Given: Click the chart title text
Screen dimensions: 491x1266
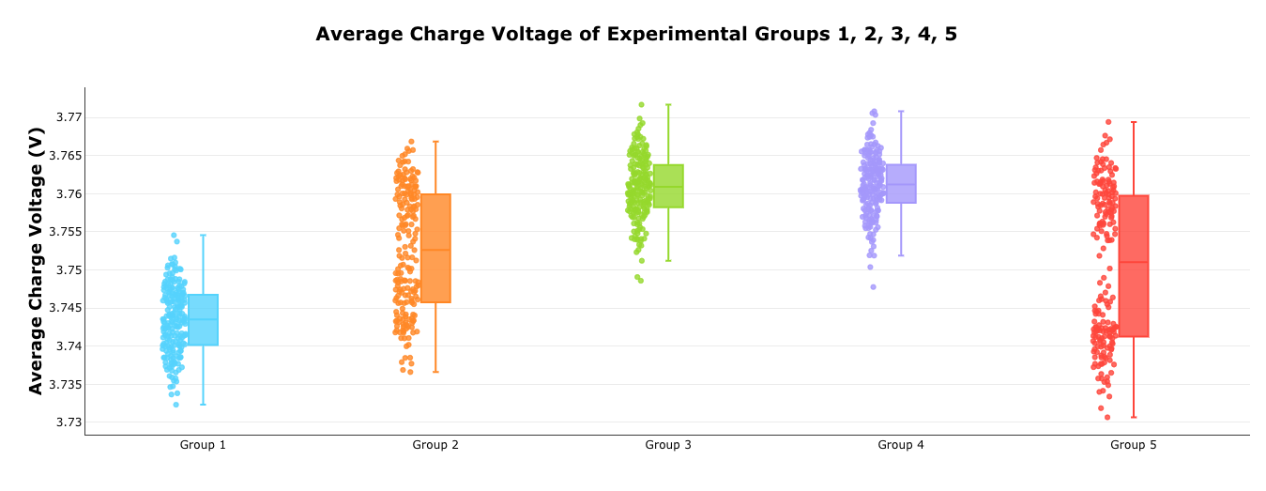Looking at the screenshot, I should coord(636,35).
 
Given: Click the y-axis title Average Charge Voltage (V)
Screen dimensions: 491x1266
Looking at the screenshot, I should coord(37,260).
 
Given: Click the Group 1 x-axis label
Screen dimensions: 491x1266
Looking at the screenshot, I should coord(203,445).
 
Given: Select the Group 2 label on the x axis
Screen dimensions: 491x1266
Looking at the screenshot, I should coord(435,445).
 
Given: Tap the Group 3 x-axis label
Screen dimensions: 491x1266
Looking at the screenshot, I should coord(668,445).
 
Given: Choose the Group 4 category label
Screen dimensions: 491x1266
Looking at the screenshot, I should coord(901,445).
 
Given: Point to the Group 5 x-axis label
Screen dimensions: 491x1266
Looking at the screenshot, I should coord(1134,445).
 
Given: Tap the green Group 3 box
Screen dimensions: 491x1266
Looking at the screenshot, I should coord(668,186).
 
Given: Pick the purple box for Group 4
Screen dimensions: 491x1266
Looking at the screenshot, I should coord(901,184).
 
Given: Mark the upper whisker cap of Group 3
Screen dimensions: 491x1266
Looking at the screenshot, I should coord(668,105).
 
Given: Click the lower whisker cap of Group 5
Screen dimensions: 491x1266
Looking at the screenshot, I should coord(1134,417).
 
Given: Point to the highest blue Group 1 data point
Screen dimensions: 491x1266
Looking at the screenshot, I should coord(174,235).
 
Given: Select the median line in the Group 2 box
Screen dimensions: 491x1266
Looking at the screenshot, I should coord(435,250).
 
